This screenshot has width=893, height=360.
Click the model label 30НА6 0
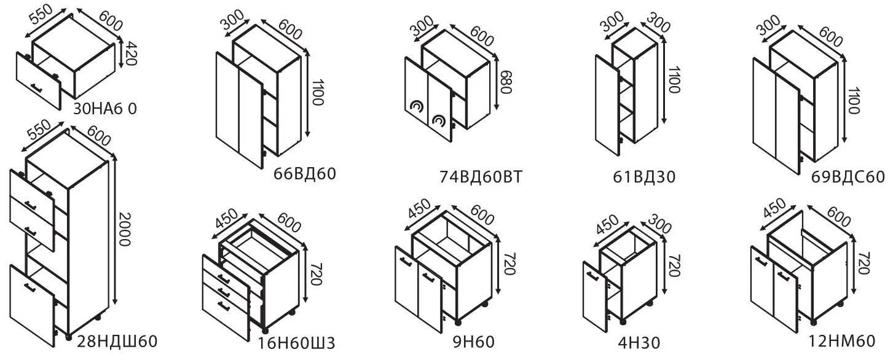point(105,109)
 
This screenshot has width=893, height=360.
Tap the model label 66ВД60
point(305,173)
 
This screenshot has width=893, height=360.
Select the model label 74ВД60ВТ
point(481,176)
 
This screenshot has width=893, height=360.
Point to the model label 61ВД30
point(644,176)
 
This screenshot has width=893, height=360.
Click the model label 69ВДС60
point(848,176)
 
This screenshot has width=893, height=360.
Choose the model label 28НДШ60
point(117,341)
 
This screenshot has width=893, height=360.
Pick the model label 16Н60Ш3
point(297,343)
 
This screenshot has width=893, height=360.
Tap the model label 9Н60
point(474,342)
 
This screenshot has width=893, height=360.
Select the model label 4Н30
point(639,343)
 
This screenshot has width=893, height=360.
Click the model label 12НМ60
point(841,341)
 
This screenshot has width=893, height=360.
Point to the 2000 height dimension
point(125,229)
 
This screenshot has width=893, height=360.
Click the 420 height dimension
point(131,53)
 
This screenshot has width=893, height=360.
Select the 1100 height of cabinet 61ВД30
point(674,80)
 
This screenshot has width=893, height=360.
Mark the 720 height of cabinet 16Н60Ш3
point(315,274)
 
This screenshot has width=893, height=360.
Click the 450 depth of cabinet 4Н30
point(607,224)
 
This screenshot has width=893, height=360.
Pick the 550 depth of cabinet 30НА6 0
point(41,15)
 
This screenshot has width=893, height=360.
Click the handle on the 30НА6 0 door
point(36,87)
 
